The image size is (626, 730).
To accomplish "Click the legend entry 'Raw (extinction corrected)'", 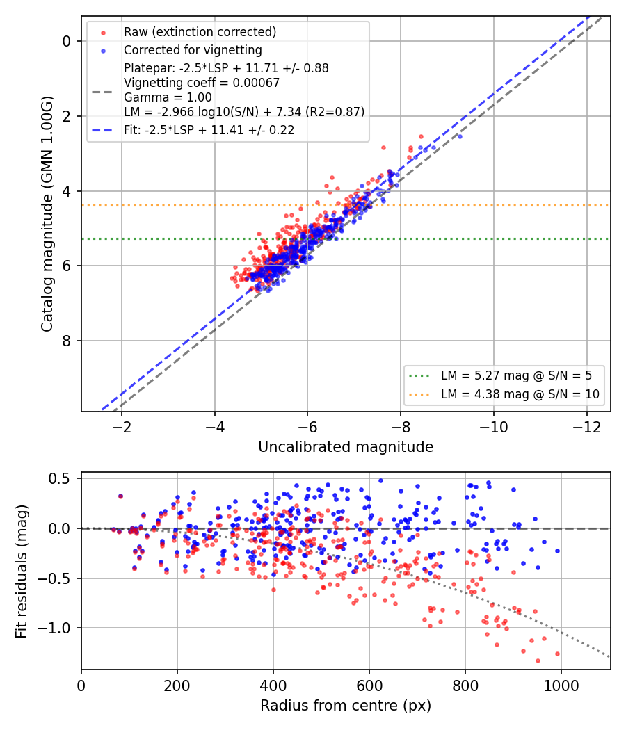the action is pyautogui.click(x=200, y=32).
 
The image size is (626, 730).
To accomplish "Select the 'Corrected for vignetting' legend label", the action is pyautogui.click(x=193, y=50).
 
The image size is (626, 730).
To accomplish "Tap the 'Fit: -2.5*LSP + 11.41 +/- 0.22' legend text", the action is pyautogui.click(x=209, y=130).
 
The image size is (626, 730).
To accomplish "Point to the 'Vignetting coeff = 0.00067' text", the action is pyautogui.click(x=202, y=83).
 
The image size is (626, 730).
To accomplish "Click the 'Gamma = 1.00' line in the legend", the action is pyautogui.click(x=168, y=97).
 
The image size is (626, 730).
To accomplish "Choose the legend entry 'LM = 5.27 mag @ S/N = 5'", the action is pyautogui.click(x=517, y=375).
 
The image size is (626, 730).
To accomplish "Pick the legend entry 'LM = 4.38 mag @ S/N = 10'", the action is pyautogui.click(x=520, y=394).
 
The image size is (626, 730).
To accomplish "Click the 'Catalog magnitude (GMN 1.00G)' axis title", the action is pyautogui.click(x=47, y=214).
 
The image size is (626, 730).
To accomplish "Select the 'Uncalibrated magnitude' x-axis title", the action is pyautogui.click(x=346, y=447).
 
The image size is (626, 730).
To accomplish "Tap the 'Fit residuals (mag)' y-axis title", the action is pyautogui.click(x=21, y=571).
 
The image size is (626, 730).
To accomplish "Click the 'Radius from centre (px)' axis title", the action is pyautogui.click(x=346, y=706).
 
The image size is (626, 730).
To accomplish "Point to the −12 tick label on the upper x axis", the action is pyautogui.click(x=586, y=427).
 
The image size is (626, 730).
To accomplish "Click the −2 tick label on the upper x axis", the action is pyautogui.click(x=122, y=427).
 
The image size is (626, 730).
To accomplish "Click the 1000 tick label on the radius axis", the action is pyautogui.click(x=561, y=686).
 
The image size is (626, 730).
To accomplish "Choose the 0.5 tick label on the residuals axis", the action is pyautogui.click(x=60, y=478).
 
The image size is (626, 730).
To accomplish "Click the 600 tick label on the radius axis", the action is pyautogui.click(x=369, y=686).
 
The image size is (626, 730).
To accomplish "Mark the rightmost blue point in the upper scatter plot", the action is pyautogui.click(x=460, y=136).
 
